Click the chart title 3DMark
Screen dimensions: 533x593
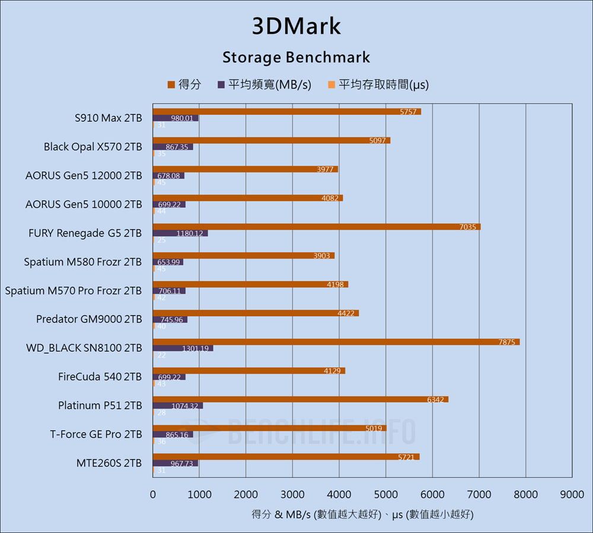pos(296,27)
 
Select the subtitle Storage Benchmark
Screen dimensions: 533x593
pos(296,57)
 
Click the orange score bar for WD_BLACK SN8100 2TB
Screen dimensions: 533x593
pos(336,342)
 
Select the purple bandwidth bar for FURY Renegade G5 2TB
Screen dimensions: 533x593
pos(180,233)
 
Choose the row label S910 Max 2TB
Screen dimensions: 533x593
pos(109,118)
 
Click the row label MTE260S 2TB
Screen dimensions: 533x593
pos(109,463)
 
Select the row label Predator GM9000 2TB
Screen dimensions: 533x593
pos(89,319)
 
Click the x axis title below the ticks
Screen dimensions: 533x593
pos(362,515)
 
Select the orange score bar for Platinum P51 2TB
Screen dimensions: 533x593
pos(301,399)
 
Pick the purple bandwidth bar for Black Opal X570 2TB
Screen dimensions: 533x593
pos(173,147)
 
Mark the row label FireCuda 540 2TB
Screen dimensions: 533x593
pos(100,377)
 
